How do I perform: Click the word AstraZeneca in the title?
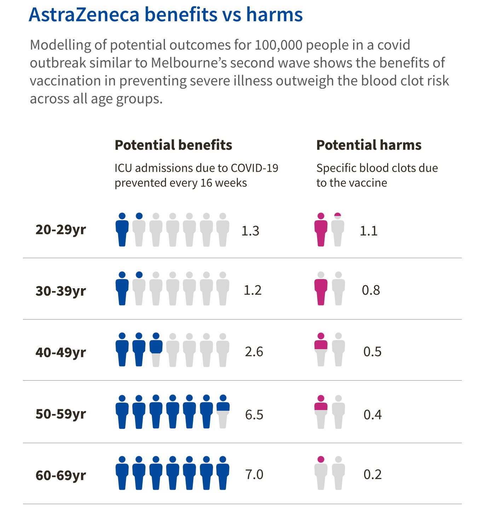coord(84,15)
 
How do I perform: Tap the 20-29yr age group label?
coord(61,229)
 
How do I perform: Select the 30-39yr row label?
coord(61,291)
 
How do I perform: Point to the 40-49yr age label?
coord(61,352)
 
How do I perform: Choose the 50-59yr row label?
coord(61,414)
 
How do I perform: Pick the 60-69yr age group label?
coord(61,475)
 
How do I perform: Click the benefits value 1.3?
coord(250,231)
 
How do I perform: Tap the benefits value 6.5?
coord(254,415)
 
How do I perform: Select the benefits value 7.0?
coord(254,474)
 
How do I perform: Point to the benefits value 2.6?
coord(254,352)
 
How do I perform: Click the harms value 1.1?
coord(368,231)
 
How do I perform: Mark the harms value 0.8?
coord(371,290)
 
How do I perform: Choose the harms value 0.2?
coord(372,474)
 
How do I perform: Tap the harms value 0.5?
coord(372,352)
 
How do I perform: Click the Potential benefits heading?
coord(173,145)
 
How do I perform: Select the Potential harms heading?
coord(369,145)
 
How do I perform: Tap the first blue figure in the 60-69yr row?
coord(122,473)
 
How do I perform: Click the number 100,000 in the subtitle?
coord(278,45)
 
